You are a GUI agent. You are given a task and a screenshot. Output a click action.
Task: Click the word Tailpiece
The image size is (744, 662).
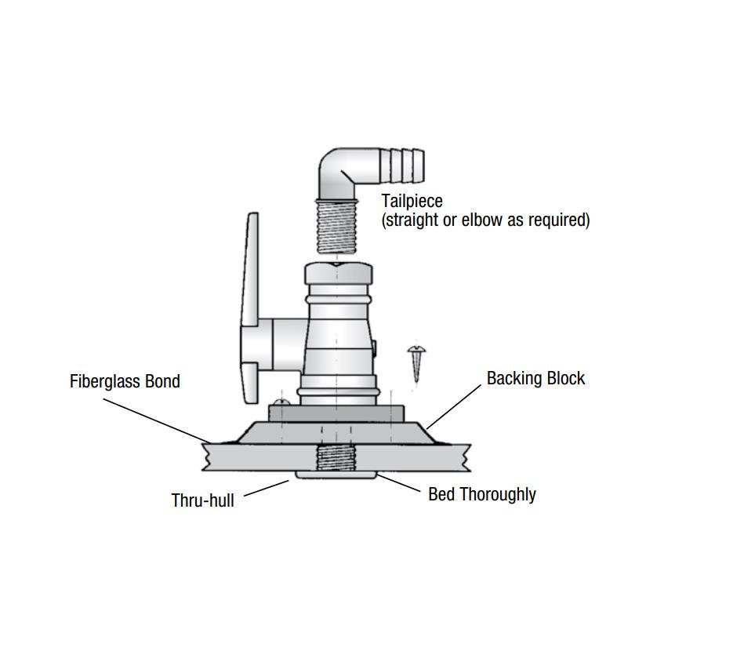[412, 201]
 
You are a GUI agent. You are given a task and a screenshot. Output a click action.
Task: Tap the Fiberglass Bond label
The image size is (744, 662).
[125, 381]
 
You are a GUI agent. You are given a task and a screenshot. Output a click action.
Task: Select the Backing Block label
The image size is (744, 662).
[535, 378]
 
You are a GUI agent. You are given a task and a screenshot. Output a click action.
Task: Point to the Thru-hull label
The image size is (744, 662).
[202, 500]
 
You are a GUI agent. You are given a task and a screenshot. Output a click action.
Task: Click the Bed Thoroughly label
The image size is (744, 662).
[481, 494]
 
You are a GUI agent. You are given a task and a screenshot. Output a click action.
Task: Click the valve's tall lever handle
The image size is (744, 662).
[250, 306]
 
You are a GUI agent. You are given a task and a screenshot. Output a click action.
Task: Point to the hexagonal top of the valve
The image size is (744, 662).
[338, 275]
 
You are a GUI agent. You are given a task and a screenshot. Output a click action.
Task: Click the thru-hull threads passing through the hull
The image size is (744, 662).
[336, 457]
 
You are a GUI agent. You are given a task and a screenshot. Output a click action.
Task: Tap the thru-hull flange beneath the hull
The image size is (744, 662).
[336, 475]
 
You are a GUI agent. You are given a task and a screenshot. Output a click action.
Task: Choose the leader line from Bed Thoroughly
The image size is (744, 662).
[400, 483]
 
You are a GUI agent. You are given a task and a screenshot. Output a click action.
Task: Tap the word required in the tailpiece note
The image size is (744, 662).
[560, 220]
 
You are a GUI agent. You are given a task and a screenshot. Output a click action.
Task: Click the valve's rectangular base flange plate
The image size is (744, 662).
[336, 413]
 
